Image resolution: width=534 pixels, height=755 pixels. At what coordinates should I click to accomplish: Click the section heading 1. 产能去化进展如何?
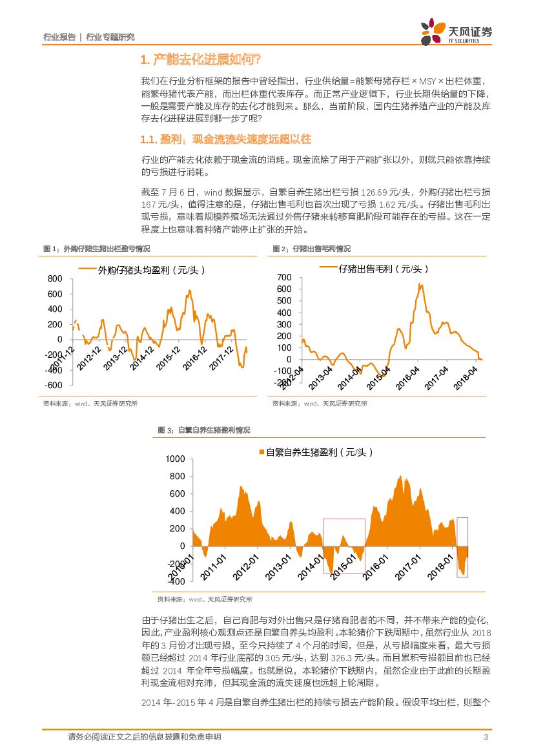coord(200,60)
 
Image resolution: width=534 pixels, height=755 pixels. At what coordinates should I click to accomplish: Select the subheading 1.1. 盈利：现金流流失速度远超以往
coord(225,140)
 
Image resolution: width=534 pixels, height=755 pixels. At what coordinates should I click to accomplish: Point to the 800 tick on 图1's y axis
coord(55,279)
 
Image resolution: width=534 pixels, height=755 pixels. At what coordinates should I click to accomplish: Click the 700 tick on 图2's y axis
coord(284,277)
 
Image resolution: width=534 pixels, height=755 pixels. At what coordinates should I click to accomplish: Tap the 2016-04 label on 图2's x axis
coord(406,377)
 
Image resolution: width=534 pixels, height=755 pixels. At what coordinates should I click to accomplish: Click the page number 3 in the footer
coord(486,738)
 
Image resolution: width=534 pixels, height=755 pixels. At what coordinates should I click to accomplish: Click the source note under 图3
coord(205,599)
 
